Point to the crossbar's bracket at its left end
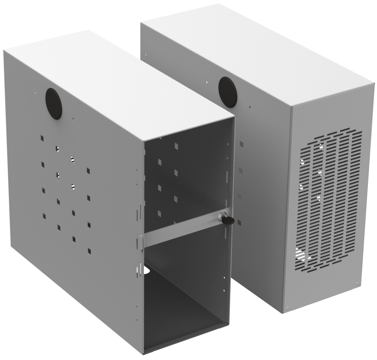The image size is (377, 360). pyautogui.click(x=141, y=242)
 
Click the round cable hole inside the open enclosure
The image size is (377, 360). pyautogui.click(x=147, y=270)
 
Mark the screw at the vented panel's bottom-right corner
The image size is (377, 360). pyautogui.click(x=358, y=285)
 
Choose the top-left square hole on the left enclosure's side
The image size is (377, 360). pyautogui.click(x=41, y=136)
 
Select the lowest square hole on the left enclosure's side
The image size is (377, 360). pyautogui.click(x=89, y=251)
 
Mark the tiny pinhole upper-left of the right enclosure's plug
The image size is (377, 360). pyautogui.click(x=207, y=82)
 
